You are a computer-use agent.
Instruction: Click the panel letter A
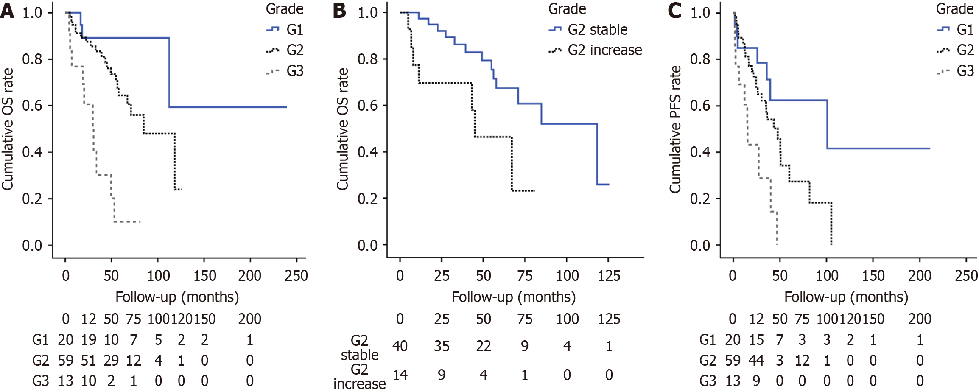point(7,10)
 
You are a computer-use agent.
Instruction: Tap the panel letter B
point(339,10)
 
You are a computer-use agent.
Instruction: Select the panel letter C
point(674,10)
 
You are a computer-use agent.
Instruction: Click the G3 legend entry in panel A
point(294,71)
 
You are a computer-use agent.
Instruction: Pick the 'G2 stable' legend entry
point(597,30)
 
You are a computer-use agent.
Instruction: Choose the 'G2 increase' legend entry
point(604,50)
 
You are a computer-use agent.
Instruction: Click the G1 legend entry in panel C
point(965,30)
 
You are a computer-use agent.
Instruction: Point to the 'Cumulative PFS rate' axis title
point(675,129)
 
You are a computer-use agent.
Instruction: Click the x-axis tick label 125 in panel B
point(609,276)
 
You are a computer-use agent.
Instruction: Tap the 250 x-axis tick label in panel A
point(296,276)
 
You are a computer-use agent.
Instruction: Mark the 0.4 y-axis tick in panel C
point(700,152)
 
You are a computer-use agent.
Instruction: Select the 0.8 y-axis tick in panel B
point(367,59)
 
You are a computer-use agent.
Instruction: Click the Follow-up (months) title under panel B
point(513,297)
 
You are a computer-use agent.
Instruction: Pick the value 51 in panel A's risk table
point(88,361)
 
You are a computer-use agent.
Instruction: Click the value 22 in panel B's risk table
point(483,347)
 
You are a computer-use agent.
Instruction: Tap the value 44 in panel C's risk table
point(756,361)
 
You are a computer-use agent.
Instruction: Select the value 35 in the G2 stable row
point(442,347)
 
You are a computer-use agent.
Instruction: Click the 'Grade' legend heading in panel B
point(567,9)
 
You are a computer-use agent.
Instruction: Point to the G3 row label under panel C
point(708,381)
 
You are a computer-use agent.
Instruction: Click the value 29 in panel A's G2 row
point(111,361)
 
